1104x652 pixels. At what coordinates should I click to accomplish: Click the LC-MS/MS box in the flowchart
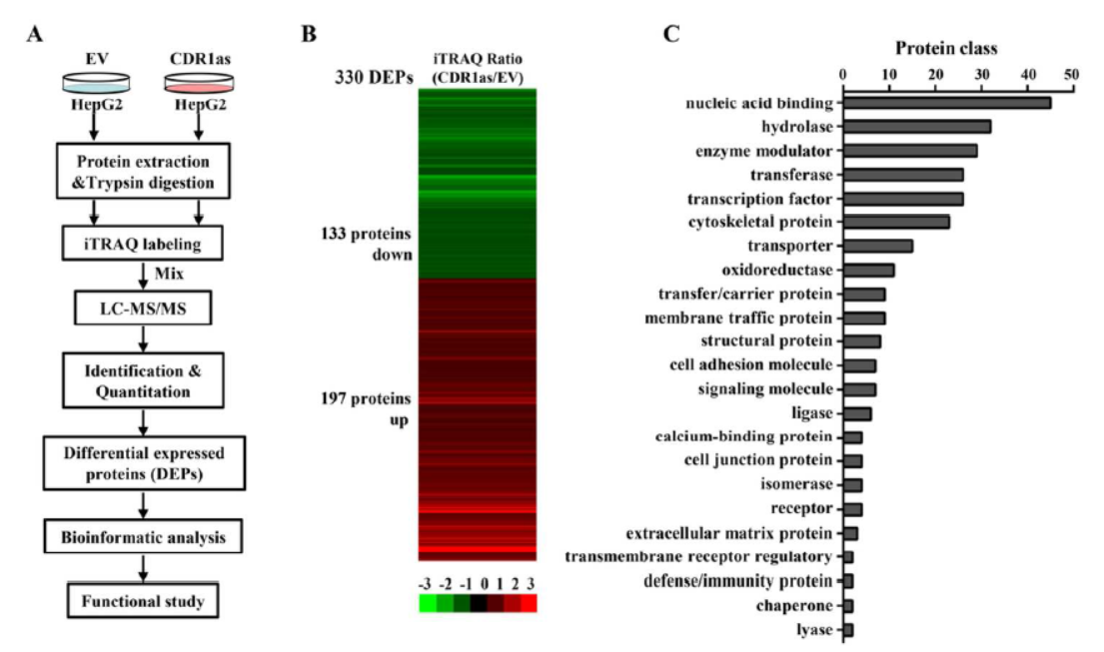click(144, 310)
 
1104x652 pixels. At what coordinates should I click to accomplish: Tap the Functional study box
click(144, 601)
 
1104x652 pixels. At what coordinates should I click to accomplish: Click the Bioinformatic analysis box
click(144, 538)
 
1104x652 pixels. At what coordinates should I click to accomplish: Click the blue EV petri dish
click(94, 83)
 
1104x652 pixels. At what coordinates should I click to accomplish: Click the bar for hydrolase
click(917, 127)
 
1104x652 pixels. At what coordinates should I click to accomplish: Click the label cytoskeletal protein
click(761, 222)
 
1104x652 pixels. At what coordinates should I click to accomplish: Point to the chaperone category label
click(794, 606)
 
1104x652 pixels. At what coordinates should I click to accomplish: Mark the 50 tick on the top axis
click(1072, 75)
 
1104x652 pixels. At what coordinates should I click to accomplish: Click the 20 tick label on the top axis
click(935, 75)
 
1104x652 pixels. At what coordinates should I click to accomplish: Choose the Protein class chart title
click(945, 48)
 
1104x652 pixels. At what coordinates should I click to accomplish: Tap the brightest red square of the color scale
click(529, 603)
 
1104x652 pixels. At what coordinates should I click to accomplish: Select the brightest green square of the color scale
click(427, 603)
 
